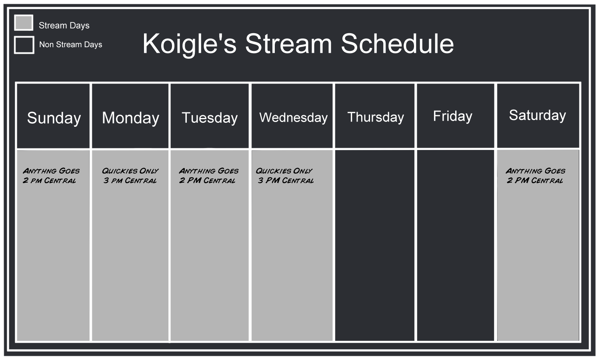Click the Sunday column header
[x=54, y=118]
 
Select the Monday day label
[x=130, y=118]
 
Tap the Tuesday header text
[x=210, y=118]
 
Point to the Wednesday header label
[x=293, y=118]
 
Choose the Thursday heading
[x=376, y=117]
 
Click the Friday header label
[x=453, y=116]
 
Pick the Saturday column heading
[x=537, y=116]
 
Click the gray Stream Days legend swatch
[x=24, y=23]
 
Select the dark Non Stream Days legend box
[x=24, y=45]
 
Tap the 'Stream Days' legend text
[x=64, y=26]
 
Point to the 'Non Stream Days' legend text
[x=71, y=44]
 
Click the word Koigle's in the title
[x=189, y=44]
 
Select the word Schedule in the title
[x=397, y=44]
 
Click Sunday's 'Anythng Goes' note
[x=51, y=171]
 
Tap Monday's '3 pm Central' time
[x=130, y=180]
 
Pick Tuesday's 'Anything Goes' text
[x=209, y=171]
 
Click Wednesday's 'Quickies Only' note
[x=284, y=171]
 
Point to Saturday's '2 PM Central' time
[x=535, y=180]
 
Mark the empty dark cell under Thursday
[x=374, y=245]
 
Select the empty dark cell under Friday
[x=455, y=245]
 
